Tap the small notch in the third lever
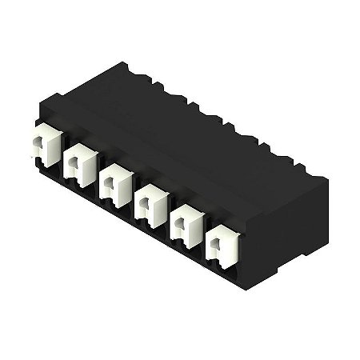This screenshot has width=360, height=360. point(107,184)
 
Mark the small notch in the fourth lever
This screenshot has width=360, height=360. point(143,206)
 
